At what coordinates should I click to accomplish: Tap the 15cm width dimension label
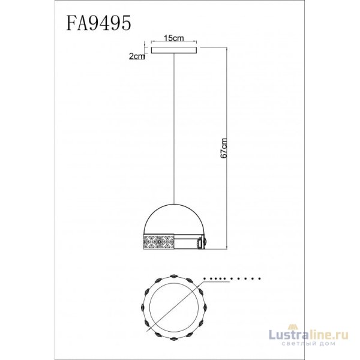(173, 38)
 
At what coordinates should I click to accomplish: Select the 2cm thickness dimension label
(136, 57)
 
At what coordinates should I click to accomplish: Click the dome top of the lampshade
(175, 218)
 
